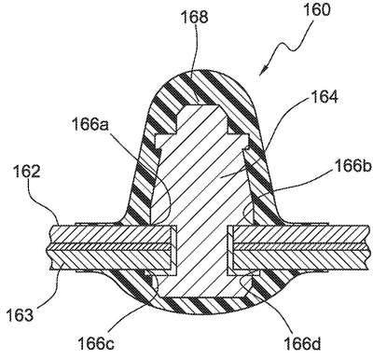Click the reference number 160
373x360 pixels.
[x=316, y=10]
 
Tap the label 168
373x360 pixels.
[x=194, y=17]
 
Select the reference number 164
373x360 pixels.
[x=324, y=97]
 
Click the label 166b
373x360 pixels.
[x=353, y=167]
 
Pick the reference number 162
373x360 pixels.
[x=27, y=172]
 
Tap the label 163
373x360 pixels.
[x=20, y=315]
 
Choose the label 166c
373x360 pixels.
[x=95, y=344]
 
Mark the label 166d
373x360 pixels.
[x=302, y=344]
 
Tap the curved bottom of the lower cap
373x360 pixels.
[x=202, y=313]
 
